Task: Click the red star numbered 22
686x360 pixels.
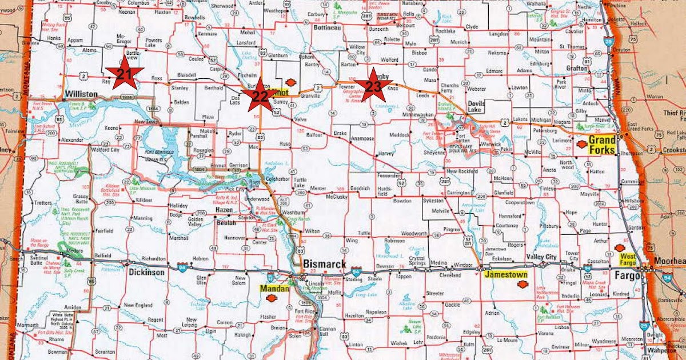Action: coord(260,97)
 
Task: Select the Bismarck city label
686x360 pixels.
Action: coord(325,263)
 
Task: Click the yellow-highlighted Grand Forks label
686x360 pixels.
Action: coord(602,144)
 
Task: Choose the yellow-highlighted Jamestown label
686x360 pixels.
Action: coord(505,274)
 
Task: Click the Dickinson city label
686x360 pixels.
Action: coord(146,273)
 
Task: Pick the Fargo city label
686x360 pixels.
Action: coord(625,275)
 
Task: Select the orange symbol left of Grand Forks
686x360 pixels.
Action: coord(581,145)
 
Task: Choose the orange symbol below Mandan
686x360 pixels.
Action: coord(265,298)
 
